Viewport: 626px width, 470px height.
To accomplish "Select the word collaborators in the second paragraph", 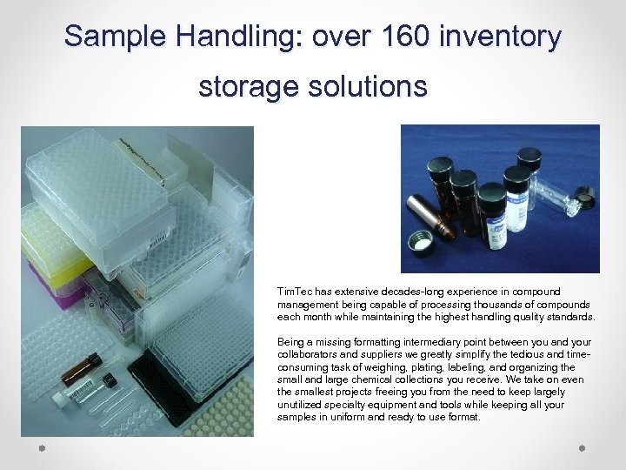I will (310, 354).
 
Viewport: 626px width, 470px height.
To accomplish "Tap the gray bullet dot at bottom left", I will (41, 447).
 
